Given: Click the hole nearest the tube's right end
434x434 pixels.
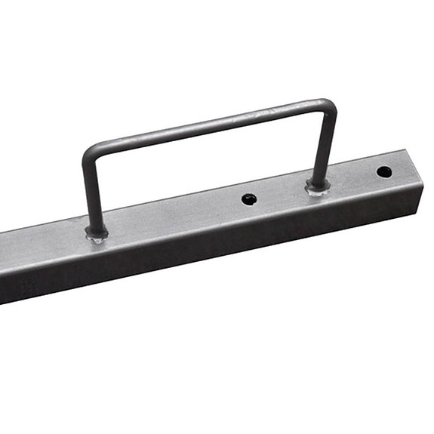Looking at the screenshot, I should tap(384, 171).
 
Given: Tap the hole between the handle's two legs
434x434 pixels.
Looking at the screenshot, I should tap(249, 199).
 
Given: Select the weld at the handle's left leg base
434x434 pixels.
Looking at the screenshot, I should tap(97, 235).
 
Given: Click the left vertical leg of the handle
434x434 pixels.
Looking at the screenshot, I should tap(90, 189).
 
